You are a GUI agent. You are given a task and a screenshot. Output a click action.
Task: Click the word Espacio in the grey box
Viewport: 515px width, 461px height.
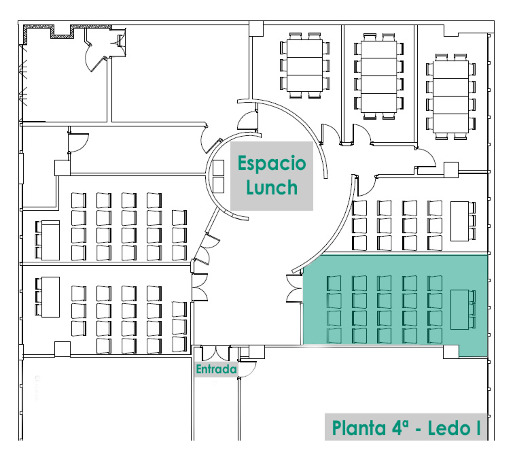pyautogui.click(x=271, y=163)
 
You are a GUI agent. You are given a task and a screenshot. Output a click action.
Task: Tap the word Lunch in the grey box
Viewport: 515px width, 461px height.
pyautogui.click(x=271, y=186)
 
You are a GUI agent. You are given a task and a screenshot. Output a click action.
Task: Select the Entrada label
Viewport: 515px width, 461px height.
pyautogui.click(x=215, y=370)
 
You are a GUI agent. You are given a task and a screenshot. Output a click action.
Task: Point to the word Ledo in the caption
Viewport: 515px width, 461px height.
pyautogui.click(x=448, y=429)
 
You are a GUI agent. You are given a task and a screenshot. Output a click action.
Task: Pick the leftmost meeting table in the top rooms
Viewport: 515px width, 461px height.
pyautogui.click(x=304, y=65)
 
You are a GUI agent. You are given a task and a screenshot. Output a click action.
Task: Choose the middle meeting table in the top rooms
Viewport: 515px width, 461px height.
pyautogui.click(x=378, y=75)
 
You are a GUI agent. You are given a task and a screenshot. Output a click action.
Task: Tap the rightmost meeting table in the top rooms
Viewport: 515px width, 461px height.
pyautogui.click(x=448, y=96)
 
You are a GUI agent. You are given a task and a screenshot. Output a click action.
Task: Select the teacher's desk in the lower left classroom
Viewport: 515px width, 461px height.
pyautogui.click(x=50, y=296)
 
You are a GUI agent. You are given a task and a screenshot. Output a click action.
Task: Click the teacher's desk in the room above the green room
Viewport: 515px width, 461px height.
pyautogui.click(x=460, y=221)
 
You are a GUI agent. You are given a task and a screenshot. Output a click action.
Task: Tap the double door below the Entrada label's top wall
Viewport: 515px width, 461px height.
pyautogui.click(x=215, y=354)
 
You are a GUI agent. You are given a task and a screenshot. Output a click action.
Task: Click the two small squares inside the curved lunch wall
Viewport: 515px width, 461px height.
pyautogui.click(x=219, y=176)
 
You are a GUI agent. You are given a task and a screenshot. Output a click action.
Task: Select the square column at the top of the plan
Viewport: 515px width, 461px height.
pyautogui.click(x=255, y=28)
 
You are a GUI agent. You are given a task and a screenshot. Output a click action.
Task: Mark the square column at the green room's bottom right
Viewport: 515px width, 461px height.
pyautogui.click(x=450, y=351)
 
